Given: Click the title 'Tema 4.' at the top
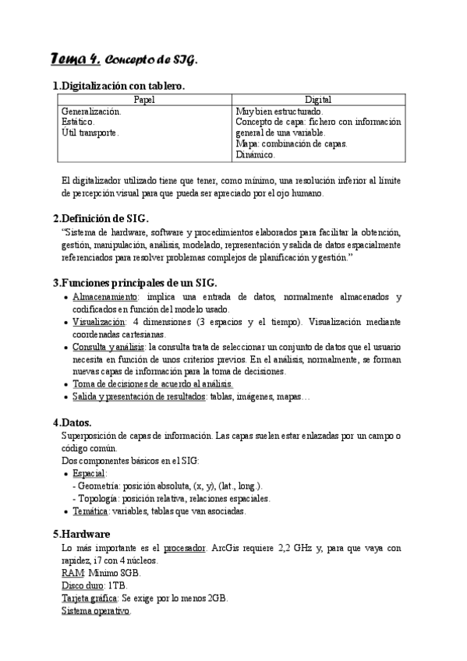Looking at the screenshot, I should [74, 60].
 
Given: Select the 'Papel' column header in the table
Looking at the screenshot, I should [144, 100].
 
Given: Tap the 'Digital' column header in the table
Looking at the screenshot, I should [318, 100].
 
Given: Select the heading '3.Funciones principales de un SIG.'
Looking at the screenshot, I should [134, 282].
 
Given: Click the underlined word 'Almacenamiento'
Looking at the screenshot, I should [105, 297].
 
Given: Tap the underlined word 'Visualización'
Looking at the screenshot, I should [99, 321].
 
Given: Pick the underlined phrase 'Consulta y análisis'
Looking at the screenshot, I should [108, 346].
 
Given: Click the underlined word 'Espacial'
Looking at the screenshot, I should [89, 473].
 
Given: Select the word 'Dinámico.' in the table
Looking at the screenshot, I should [255, 155].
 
